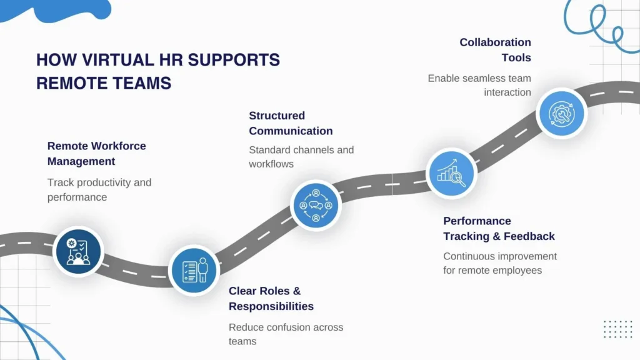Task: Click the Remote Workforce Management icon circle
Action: tap(77, 251)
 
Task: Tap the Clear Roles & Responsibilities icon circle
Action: tap(194, 269)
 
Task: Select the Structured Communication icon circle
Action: tap(316, 205)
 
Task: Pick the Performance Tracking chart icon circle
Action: tap(451, 172)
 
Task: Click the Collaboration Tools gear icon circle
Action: tap(561, 113)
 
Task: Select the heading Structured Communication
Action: tap(291, 123)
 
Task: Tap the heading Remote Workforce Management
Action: tap(97, 154)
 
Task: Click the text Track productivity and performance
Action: tap(99, 190)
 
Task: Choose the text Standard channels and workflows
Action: tap(301, 157)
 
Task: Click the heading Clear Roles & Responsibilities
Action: tap(271, 299)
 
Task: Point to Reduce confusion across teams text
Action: tap(286, 334)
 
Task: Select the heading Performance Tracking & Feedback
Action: tap(499, 229)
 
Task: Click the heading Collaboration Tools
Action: tap(496, 50)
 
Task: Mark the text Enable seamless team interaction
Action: tap(479, 85)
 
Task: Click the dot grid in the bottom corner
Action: tap(617, 329)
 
